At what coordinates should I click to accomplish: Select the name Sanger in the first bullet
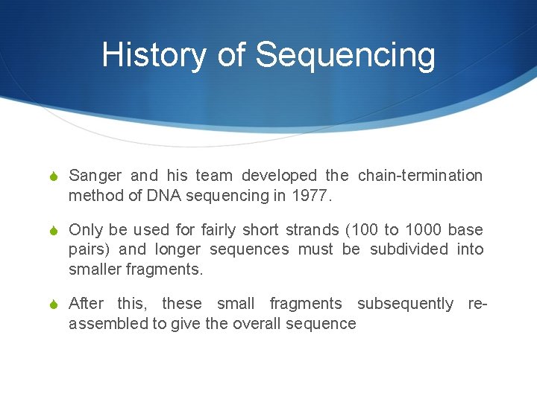pyautogui.click(x=95, y=176)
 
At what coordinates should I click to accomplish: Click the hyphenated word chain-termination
pyautogui.click(x=420, y=176)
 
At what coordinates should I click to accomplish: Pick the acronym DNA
pyautogui.click(x=162, y=196)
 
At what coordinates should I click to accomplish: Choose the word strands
pyautogui.click(x=312, y=230)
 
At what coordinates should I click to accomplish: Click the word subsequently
pyautogui.click(x=405, y=304)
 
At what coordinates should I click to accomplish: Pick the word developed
pyautogui.click(x=280, y=176)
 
